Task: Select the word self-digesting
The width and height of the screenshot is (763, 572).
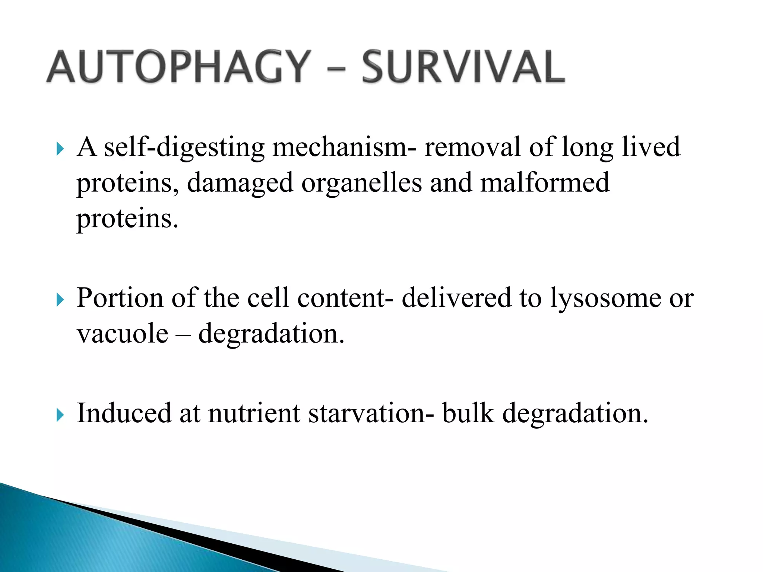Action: pyautogui.click(x=184, y=147)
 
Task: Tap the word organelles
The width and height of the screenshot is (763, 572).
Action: pyautogui.click(x=361, y=183)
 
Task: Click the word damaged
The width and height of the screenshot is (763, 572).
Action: pyautogui.click(x=240, y=183)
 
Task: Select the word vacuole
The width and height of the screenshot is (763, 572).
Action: pyautogui.click(x=123, y=333)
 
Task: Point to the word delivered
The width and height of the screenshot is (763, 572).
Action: pyautogui.click(x=456, y=298)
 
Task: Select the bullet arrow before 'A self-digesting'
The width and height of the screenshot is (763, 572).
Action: pyautogui.click(x=60, y=150)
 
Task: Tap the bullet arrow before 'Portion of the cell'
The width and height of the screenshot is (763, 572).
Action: pyautogui.click(x=60, y=300)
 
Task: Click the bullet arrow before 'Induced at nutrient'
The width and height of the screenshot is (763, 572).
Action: pyautogui.click(x=60, y=415)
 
